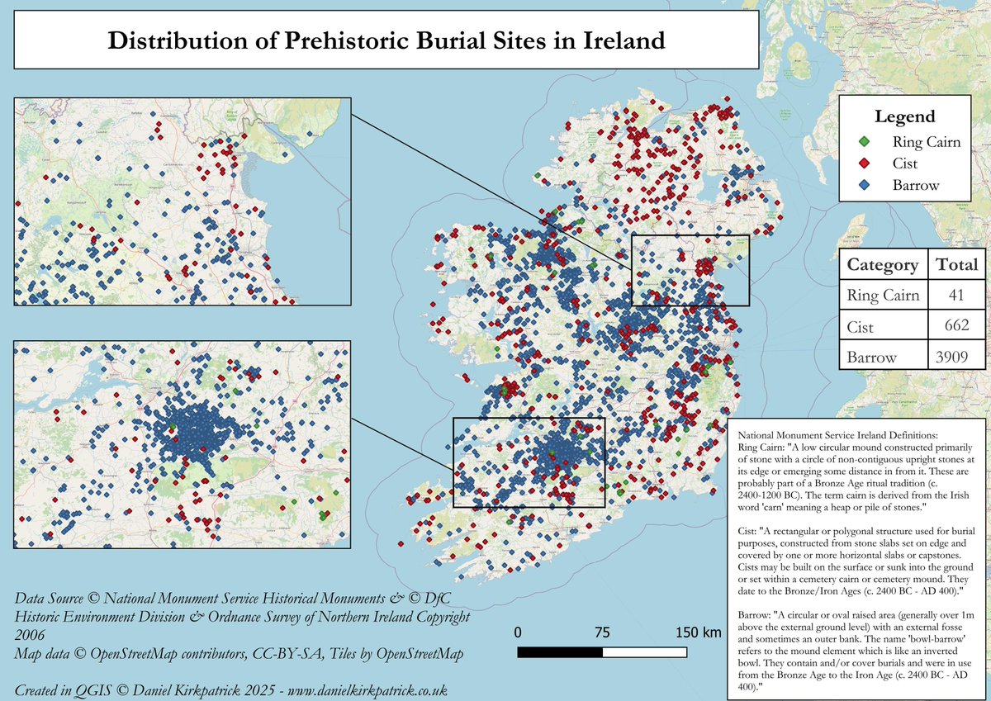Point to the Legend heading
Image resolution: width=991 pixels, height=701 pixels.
905,116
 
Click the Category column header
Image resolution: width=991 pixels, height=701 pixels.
883,265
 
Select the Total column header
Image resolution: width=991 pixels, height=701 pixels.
956,265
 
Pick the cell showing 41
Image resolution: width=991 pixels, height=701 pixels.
956,296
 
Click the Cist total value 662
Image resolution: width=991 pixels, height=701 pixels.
960,326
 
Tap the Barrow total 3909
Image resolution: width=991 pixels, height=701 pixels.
956,357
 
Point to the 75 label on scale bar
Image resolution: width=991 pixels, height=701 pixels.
603,632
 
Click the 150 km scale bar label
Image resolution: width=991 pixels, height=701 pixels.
699,632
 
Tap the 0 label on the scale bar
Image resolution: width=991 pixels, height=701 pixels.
518,632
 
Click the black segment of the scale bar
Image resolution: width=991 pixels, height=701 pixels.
560,652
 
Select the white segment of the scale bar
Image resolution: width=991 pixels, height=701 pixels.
645,652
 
